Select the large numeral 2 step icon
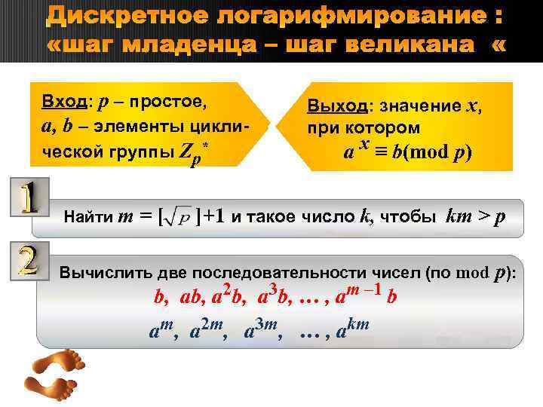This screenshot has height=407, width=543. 27,257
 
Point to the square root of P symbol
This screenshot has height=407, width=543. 179,219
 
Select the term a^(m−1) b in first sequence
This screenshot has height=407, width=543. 366,295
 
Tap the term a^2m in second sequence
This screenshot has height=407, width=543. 208,329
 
